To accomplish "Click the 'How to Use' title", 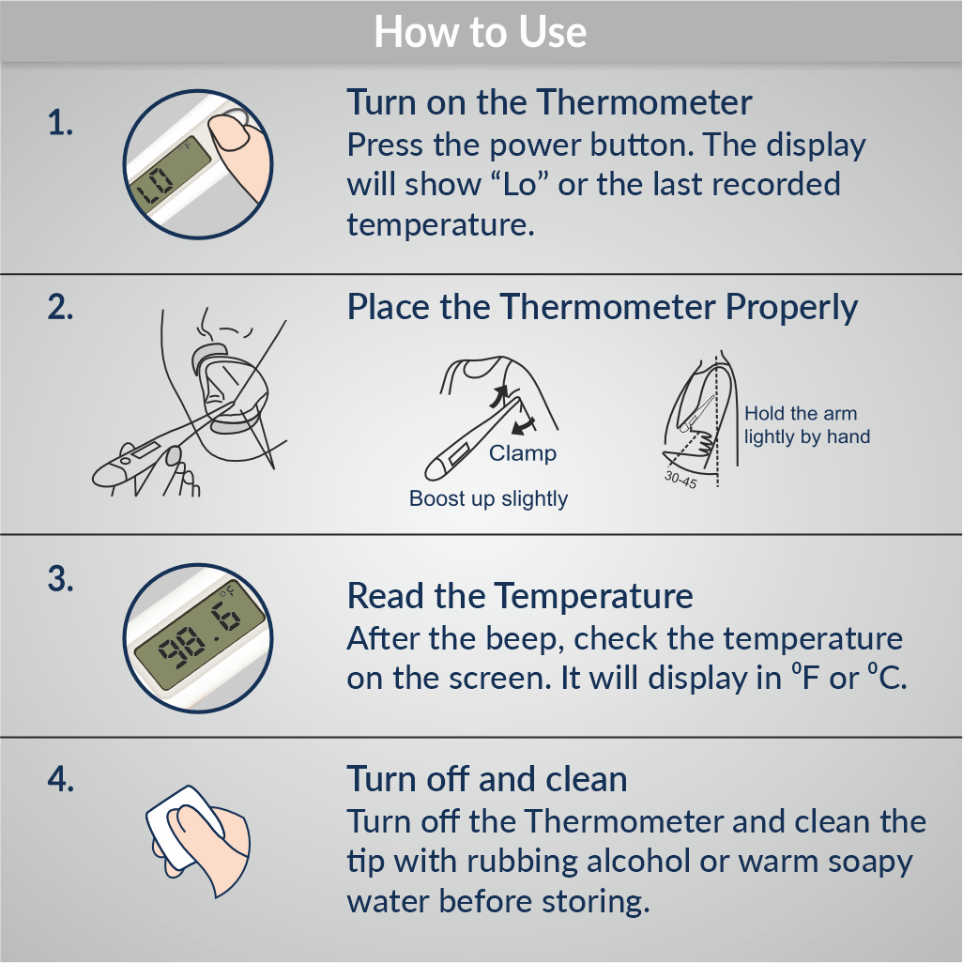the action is point(481,32).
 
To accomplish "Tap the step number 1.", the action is point(60,123).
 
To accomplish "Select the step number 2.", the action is point(60,306).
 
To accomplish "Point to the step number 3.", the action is point(60,578).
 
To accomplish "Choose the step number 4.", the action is point(60,779).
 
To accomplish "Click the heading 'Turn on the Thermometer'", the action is point(549,102).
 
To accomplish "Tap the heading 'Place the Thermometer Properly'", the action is point(602,307).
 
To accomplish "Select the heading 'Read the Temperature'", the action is point(520,596).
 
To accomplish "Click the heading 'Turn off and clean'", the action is point(487,779).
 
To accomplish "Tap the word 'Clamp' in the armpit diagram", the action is point(523,453).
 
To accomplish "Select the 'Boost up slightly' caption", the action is point(488,498).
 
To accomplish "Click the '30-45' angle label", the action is point(680,480).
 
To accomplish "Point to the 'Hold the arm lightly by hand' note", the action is point(807,425).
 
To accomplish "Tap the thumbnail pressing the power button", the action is point(228,132).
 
